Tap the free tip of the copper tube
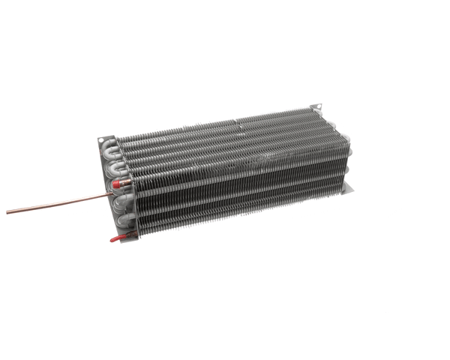click(9, 212)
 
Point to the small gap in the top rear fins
click(235, 120)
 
